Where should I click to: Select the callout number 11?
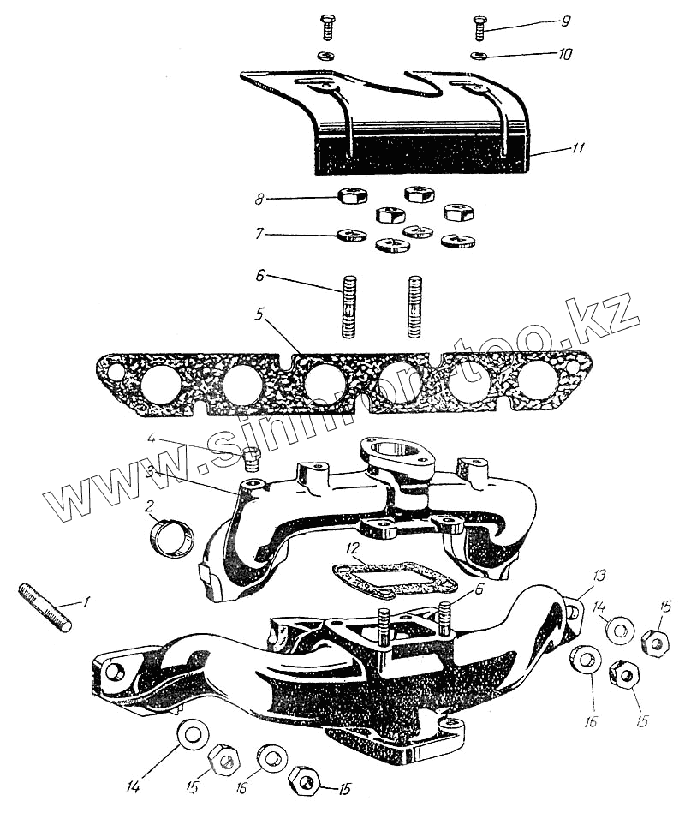(x=580, y=147)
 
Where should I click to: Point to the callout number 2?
(x=152, y=507)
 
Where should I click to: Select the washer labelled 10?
(x=479, y=57)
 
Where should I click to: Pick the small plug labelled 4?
(x=252, y=459)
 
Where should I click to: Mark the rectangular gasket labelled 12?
(x=393, y=577)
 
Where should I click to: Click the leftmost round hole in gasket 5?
(x=161, y=384)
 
